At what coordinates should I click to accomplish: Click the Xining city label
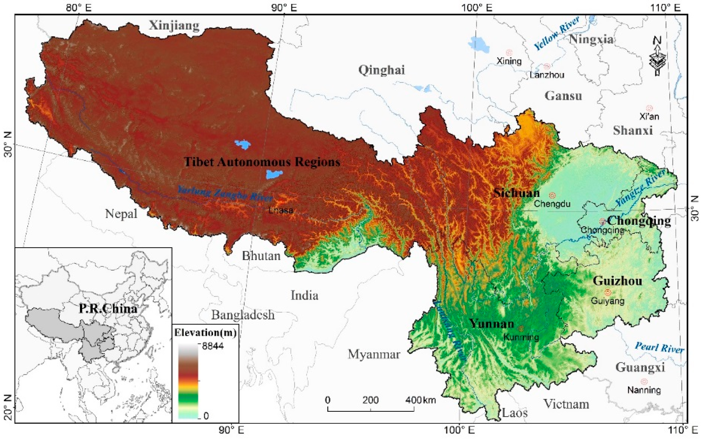509,61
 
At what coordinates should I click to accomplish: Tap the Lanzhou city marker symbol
547,66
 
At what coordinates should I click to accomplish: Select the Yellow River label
557,34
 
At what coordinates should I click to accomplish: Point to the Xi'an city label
649,116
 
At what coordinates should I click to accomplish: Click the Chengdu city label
552,204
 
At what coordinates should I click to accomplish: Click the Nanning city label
644,390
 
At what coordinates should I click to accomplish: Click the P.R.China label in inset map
108,309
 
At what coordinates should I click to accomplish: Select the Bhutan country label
261,256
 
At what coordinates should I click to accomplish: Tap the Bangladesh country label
243,315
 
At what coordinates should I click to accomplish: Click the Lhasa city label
281,210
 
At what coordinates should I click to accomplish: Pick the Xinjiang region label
174,26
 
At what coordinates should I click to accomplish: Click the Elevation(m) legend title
205,333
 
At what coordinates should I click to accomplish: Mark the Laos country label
515,413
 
